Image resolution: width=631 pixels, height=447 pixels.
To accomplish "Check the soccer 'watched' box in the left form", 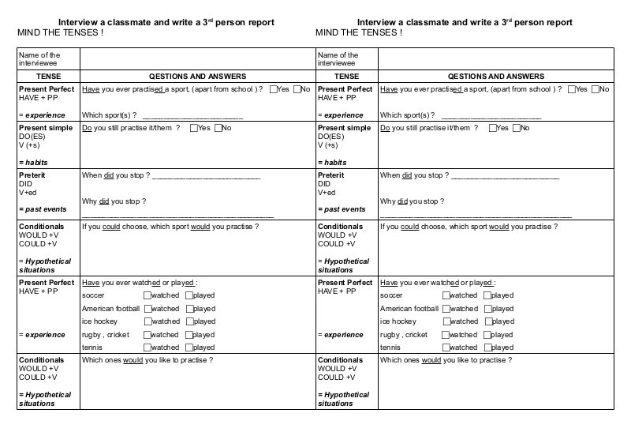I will coord(147,295).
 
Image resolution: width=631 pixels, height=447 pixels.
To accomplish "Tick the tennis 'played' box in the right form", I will coord(487,347).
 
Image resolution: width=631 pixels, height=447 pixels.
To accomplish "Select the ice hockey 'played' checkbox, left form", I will coord(189,321).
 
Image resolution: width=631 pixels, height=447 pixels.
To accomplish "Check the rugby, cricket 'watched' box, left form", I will coord(147,335).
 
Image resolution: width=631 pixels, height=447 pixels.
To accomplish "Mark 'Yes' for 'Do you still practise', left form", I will coord(194,128).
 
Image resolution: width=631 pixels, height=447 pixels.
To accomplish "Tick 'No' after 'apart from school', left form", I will coord(297,89).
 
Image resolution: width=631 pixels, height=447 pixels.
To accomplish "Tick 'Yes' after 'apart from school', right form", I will coord(571,89).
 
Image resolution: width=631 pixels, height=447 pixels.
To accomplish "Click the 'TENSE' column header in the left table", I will coord(48,77).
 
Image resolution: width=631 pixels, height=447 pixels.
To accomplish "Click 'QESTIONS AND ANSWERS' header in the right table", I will coord(495,77).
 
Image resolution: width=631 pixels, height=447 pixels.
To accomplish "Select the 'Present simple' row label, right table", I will coord(344,128).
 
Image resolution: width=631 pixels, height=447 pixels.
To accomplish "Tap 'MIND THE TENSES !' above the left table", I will coord(60,33).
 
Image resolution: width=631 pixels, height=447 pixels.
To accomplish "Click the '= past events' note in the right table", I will coord(342,209).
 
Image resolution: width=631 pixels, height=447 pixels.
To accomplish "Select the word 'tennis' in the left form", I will coord(92,347).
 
